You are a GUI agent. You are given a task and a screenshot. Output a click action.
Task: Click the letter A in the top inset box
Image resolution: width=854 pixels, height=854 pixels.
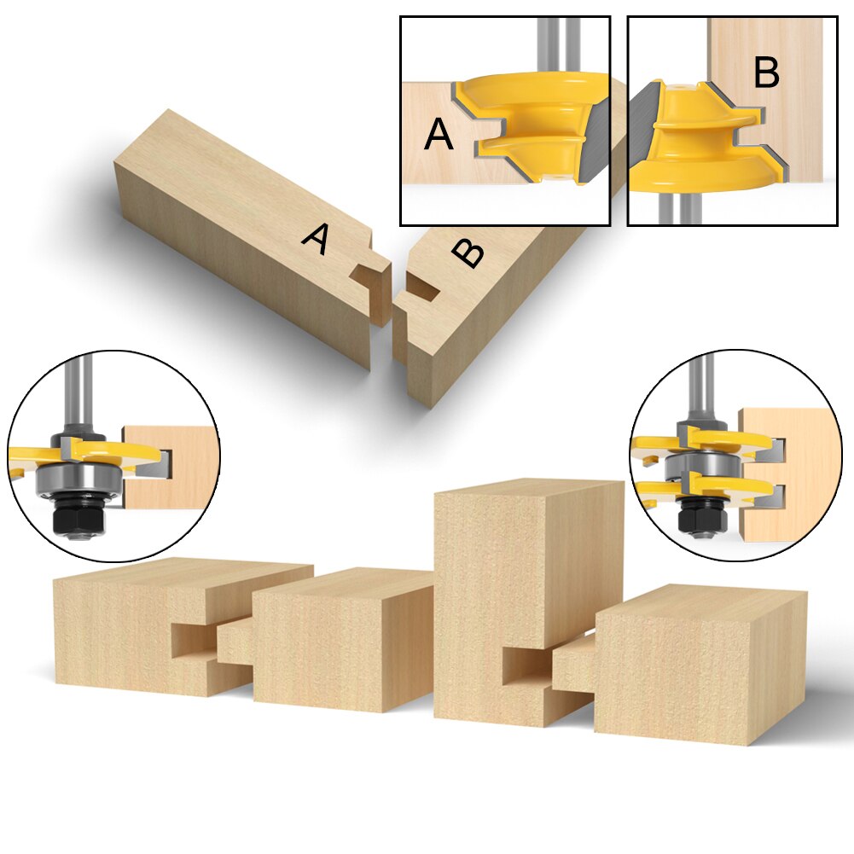pyautogui.click(x=439, y=135)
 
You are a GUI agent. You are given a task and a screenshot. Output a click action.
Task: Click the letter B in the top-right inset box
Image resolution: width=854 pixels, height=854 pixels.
pyautogui.click(x=766, y=74)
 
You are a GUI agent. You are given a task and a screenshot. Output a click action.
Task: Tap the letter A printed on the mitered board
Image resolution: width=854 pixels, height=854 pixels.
pyautogui.click(x=316, y=240)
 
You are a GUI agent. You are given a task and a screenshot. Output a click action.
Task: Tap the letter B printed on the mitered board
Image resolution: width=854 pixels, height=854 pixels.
pyautogui.click(x=468, y=253)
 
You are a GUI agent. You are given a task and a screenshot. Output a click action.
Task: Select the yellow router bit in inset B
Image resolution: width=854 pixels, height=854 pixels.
pyautogui.click(x=691, y=137)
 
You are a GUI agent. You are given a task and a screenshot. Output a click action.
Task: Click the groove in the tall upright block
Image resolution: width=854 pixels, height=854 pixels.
pyautogui.click(x=524, y=665)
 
